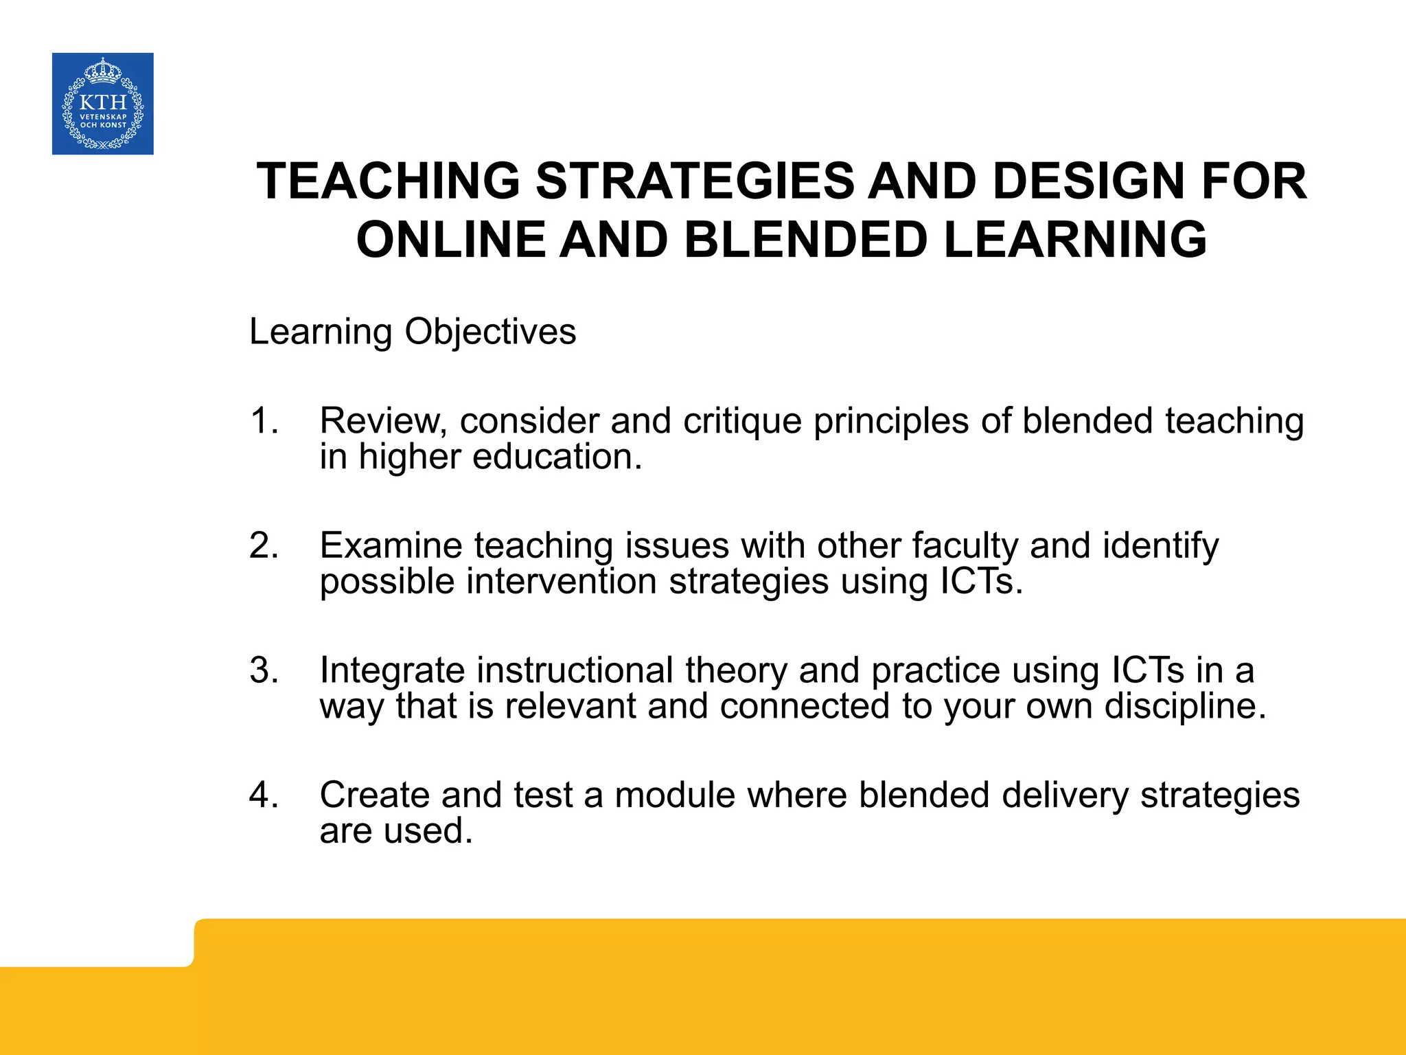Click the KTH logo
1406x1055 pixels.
coord(103,104)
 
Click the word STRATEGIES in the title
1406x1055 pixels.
coord(695,181)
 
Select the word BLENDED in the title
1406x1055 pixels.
coord(805,240)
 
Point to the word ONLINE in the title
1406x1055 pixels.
coord(450,240)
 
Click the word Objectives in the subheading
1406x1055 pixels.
coord(490,332)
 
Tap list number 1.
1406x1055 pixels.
coord(264,420)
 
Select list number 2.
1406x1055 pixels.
coord(264,545)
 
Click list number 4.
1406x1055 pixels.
coord(264,795)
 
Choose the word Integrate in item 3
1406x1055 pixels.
coord(392,671)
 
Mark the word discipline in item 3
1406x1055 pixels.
coord(1184,707)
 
